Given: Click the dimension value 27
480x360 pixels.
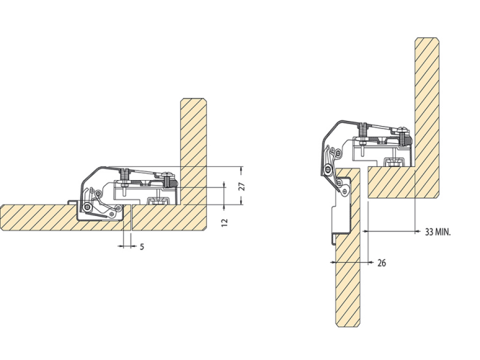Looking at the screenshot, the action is [x=241, y=186].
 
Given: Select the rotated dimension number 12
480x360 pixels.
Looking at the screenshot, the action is [x=224, y=222].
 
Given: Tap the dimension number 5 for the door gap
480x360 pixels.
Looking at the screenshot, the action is [x=142, y=247].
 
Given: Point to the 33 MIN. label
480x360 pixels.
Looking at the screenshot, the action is [x=437, y=232].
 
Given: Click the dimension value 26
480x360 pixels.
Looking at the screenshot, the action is [x=381, y=263].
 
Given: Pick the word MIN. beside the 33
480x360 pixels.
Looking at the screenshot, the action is [x=443, y=232].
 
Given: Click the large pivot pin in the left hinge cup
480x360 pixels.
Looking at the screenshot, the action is [x=88, y=207].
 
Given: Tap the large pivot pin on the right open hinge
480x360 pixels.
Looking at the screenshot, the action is [x=329, y=169].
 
